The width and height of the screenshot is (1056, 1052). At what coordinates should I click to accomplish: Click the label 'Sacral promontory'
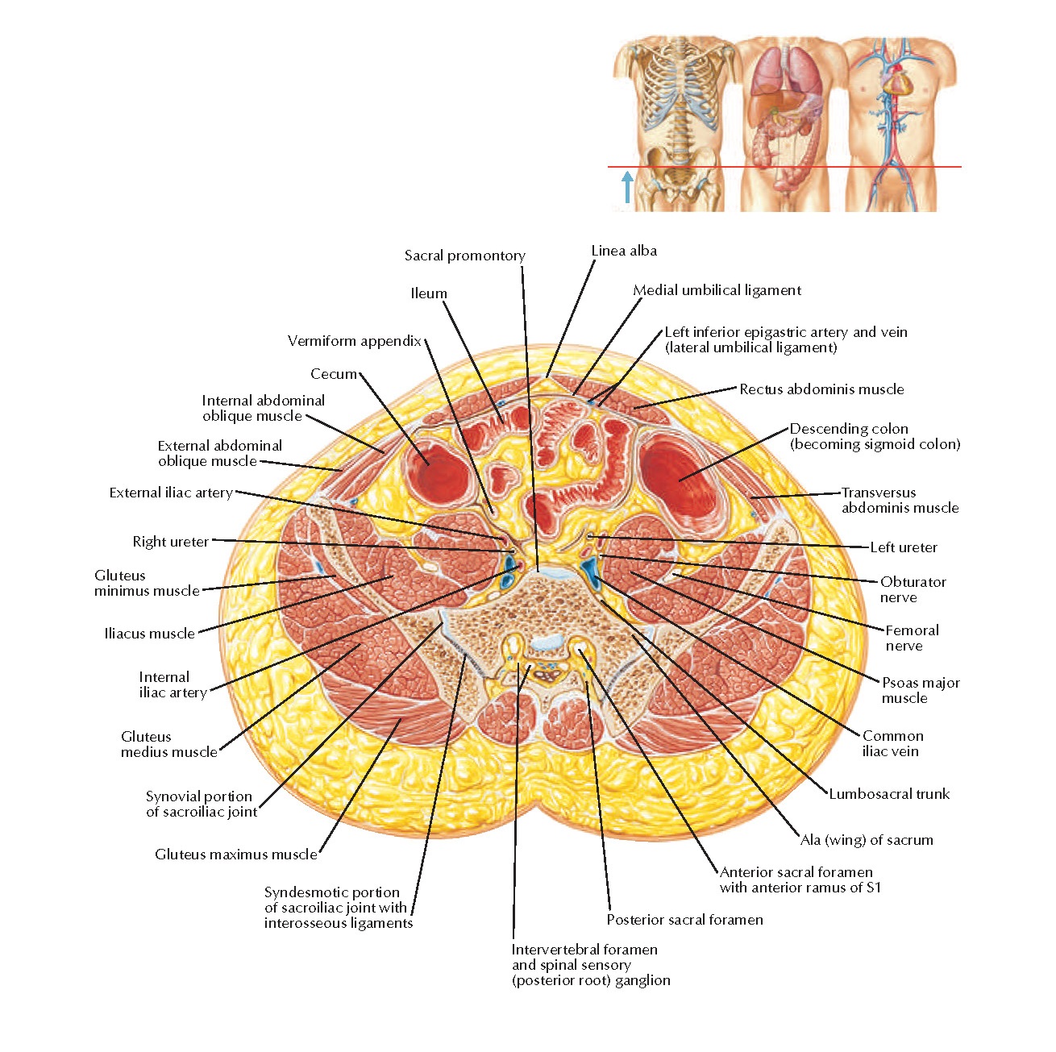(x=464, y=256)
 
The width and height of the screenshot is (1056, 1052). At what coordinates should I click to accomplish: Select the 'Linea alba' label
(x=624, y=251)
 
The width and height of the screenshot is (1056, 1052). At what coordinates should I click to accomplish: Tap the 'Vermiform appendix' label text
(x=355, y=341)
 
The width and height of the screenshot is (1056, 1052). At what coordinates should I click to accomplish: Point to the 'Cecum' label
(x=334, y=374)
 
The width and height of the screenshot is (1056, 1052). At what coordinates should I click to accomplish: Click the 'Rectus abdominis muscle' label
(x=821, y=389)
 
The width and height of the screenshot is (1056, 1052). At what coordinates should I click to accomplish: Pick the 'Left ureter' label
(x=904, y=547)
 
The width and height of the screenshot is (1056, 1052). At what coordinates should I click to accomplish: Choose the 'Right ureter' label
(x=171, y=542)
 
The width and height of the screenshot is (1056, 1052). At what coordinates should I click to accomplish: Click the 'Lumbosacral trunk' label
(x=889, y=794)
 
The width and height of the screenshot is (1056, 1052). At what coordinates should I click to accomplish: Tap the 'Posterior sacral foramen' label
(x=684, y=920)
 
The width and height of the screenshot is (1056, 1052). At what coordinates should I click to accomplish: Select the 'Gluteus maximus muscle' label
(x=236, y=854)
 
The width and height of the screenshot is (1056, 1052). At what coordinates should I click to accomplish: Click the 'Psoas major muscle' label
(x=921, y=690)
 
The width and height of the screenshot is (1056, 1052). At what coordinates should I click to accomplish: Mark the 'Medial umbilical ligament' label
(x=717, y=290)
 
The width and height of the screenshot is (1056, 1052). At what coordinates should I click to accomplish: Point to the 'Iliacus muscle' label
(x=150, y=634)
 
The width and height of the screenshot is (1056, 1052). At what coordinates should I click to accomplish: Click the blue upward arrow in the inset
(x=627, y=186)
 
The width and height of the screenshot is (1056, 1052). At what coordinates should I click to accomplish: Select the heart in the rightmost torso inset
(x=896, y=81)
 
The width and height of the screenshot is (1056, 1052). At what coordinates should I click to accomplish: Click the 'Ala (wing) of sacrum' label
(x=867, y=840)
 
